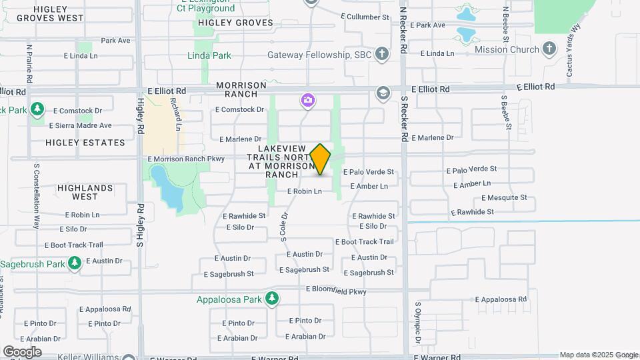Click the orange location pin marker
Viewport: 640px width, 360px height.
[x=321, y=159]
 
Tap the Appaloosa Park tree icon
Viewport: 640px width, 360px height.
[x=271, y=299]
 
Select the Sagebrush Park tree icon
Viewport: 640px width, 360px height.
[x=75, y=264]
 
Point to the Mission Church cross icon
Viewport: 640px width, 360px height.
[x=549, y=49]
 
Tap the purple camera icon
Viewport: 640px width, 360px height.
[x=307, y=101]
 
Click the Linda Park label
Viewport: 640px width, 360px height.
[x=209, y=56]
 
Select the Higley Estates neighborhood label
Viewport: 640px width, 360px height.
[x=85, y=143]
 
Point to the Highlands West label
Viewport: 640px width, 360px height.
[x=85, y=192]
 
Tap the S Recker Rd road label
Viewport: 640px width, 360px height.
[x=404, y=117]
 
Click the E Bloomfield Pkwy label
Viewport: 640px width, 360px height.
[x=336, y=289]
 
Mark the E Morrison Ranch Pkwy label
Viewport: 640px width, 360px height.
[x=186, y=159]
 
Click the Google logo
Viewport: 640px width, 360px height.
[x=22, y=351]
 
